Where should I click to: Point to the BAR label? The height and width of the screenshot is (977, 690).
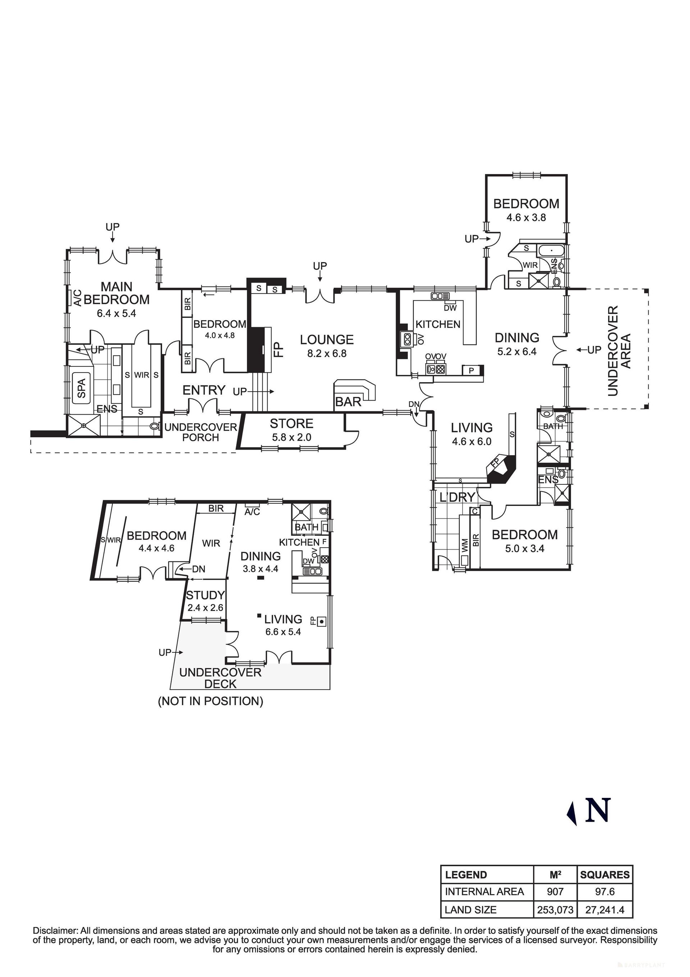coord(348,402)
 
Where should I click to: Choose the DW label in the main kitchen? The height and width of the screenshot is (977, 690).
coord(450,308)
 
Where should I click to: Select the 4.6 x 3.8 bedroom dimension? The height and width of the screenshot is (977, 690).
coord(526,218)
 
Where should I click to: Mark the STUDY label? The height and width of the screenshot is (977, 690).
coord(205,595)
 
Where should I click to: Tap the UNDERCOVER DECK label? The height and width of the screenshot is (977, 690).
coord(220,678)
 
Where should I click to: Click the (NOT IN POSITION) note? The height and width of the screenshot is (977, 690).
coord(211,701)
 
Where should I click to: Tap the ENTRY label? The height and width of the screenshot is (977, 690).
coord(204,390)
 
